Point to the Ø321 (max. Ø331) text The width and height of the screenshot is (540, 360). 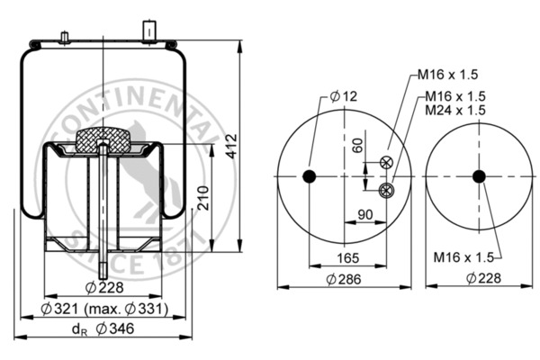point(104,310)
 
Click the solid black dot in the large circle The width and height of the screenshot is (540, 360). point(310,176)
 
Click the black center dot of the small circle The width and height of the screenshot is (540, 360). point(478,176)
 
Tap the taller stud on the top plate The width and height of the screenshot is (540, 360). point(146,30)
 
